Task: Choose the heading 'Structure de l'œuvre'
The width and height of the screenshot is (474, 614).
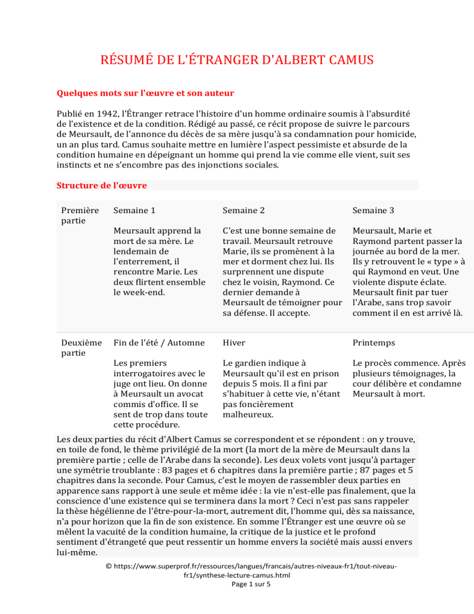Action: click(x=101, y=185)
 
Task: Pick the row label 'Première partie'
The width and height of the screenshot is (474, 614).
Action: click(x=79, y=216)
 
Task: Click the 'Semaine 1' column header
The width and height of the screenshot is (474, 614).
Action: click(x=135, y=210)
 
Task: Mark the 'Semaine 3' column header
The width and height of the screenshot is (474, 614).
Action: click(x=374, y=210)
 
